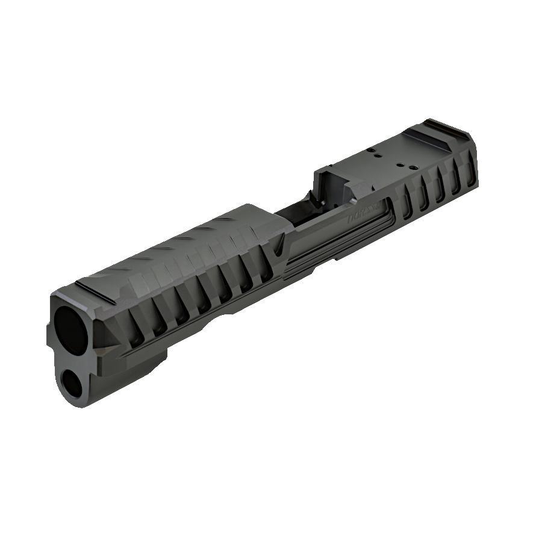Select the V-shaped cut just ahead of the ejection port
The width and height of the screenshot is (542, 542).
[279, 245]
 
